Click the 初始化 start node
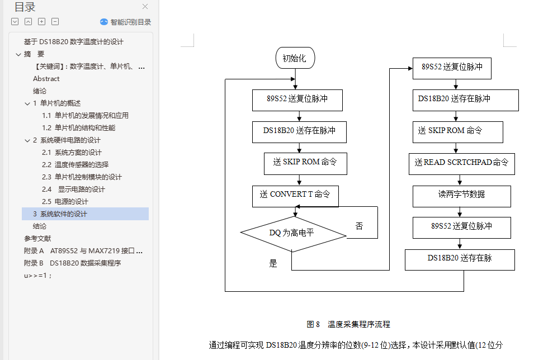tap(295, 58)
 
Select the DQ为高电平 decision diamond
tap(292, 233)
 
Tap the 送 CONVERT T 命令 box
tap(295, 195)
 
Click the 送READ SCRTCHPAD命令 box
tap(461, 163)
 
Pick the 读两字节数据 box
tap(461, 195)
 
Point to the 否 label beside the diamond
tap(359, 226)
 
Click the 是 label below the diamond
tap(273, 263)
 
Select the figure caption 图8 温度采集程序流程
tap(348, 324)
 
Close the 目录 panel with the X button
tap(145, 7)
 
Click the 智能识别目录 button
tap(126, 22)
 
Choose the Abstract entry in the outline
tap(46, 79)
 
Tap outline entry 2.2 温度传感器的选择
tap(75, 165)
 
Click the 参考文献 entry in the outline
tap(37, 239)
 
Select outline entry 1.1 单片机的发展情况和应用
tap(85, 116)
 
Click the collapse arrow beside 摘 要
tap(18, 54)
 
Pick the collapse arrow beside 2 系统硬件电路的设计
tap(27, 140)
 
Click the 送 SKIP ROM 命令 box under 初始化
tap(305, 163)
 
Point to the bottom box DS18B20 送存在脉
tap(460, 259)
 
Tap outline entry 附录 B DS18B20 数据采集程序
tap(72, 263)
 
